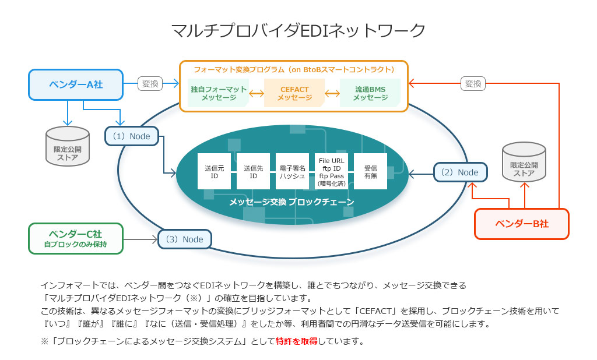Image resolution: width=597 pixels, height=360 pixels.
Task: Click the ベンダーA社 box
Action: pyautogui.click(x=76, y=84)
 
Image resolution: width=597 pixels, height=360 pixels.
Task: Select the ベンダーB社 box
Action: pyautogui.click(x=522, y=224)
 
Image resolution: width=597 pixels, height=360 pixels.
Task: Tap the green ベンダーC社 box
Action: pyautogui.click(x=76, y=238)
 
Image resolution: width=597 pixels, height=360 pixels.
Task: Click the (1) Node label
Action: pyautogui.click(x=132, y=136)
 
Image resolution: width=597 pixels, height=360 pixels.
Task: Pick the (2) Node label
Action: pyautogui.click(x=460, y=172)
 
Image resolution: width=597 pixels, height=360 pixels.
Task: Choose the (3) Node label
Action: pyautogui.click(x=184, y=239)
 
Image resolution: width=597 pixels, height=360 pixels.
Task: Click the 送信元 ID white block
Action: pyautogui.click(x=215, y=171)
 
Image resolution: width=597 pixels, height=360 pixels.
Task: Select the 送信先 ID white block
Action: pyautogui.click(x=254, y=171)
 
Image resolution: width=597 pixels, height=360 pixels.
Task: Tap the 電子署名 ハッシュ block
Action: pyautogui.click(x=292, y=171)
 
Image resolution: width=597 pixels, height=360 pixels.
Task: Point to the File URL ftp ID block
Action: pyautogui.click(x=331, y=171)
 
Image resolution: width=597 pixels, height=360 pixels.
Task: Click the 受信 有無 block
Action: pyautogui.click(x=370, y=171)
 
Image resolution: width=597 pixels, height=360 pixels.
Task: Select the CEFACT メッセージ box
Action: pyautogui.click(x=294, y=93)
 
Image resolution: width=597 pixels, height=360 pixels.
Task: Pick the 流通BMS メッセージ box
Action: pyautogui.click(x=370, y=93)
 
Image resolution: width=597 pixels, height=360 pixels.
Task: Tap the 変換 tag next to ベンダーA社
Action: pyautogui.click(x=150, y=84)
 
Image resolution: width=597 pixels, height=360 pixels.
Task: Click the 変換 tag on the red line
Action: pyautogui.click(x=473, y=84)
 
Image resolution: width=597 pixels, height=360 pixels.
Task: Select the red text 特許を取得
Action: pyautogui.click(x=296, y=341)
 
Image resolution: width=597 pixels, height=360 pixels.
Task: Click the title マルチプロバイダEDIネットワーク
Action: pyautogui.click(x=298, y=31)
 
